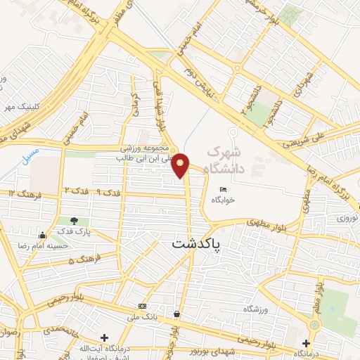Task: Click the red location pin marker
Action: pos(181,165)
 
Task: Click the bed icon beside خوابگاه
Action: pos(224,189)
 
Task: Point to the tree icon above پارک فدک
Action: pos(75,221)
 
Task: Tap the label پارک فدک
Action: pos(74,232)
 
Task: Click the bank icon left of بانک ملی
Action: pos(143,306)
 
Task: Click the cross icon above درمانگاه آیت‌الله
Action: pos(105,339)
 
